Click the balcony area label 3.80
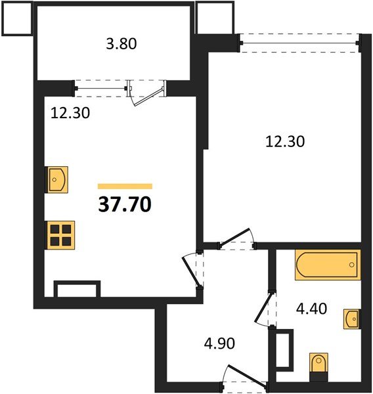click(121, 44)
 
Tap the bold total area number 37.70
click(125, 204)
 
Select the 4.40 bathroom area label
click(311, 309)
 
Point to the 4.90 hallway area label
click(219, 343)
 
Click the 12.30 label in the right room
click(285, 141)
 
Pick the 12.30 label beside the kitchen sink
click(70, 113)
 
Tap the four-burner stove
click(60, 235)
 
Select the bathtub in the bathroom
click(328, 265)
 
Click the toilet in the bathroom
click(318, 365)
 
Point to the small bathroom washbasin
click(352, 319)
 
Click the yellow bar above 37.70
click(125, 186)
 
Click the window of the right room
click(299, 43)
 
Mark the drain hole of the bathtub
click(351, 265)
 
